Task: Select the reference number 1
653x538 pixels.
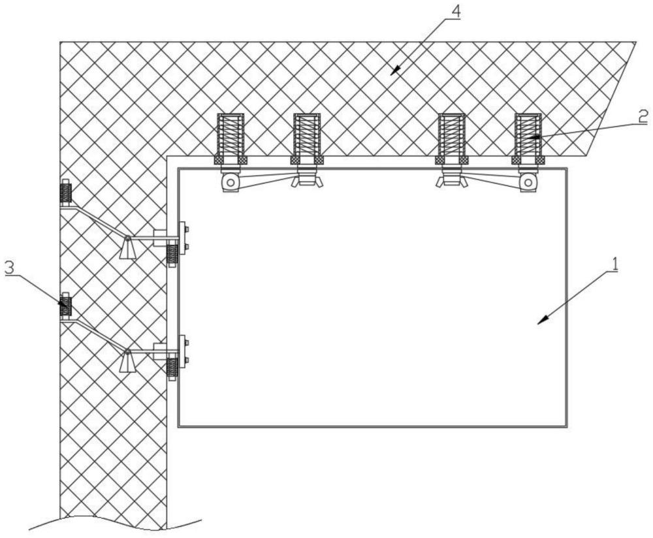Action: (614, 264)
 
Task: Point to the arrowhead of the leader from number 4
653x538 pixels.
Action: (393, 72)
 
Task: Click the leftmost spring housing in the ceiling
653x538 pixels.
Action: (231, 135)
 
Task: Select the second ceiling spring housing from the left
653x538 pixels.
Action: (307, 135)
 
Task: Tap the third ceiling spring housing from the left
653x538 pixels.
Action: (451, 135)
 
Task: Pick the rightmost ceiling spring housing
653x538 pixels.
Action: (528, 135)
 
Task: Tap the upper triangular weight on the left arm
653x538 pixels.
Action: (128, 247)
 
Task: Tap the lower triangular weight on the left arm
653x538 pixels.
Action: (128, 360)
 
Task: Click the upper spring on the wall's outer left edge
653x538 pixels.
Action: (65, 193)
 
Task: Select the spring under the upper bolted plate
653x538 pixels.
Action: (172, 255)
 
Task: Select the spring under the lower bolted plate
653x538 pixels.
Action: (172, 368)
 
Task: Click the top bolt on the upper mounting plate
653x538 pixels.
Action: (187, 229)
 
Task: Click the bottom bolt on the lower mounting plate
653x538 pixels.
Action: (187, 360)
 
